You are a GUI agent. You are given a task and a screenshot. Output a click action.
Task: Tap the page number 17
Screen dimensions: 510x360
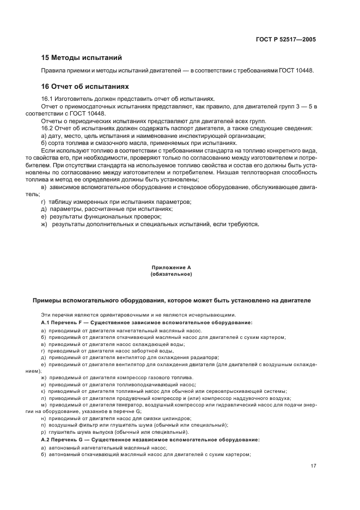point(313,465)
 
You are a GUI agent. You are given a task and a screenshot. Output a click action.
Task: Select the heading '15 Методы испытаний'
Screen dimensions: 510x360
point(81,57)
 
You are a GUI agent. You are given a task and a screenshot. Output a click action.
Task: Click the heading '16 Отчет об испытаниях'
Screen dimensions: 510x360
point(85,86)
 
